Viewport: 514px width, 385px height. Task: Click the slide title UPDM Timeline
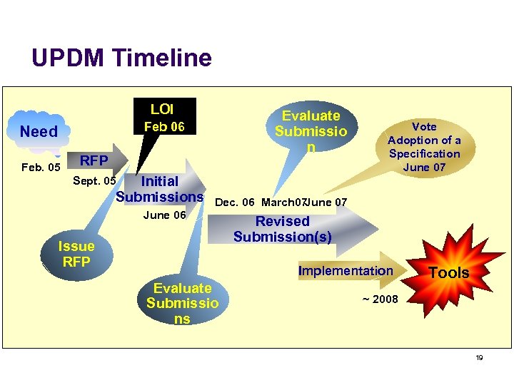point(121,58)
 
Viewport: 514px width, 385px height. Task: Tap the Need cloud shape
point(39,132)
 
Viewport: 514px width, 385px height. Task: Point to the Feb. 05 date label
point(41,168)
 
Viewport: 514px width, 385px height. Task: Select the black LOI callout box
point(162,118)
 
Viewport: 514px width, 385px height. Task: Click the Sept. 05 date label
point(94,181)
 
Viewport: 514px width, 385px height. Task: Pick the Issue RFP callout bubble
point(76,254)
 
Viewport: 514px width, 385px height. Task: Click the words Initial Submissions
point(160,189)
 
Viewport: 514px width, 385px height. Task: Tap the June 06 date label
point(165,215)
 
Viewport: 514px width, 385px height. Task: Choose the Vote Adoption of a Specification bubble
point(424,146)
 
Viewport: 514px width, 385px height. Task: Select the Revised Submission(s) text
point(282,229)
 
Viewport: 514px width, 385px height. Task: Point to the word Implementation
point(346,271)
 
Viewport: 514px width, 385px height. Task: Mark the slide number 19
point(479,358)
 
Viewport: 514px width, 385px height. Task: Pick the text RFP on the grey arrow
point(94,160)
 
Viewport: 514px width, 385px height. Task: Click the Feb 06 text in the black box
point(165,127)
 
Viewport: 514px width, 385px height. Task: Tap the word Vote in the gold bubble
point(424,126)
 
